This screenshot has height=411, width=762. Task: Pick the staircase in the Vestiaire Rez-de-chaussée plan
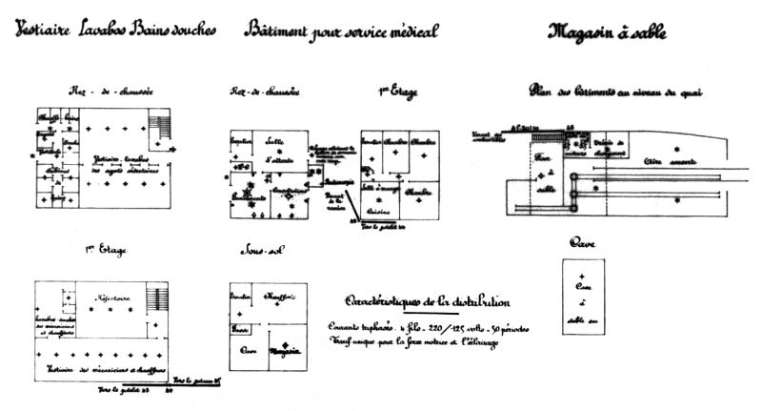[x=162, y=123]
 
